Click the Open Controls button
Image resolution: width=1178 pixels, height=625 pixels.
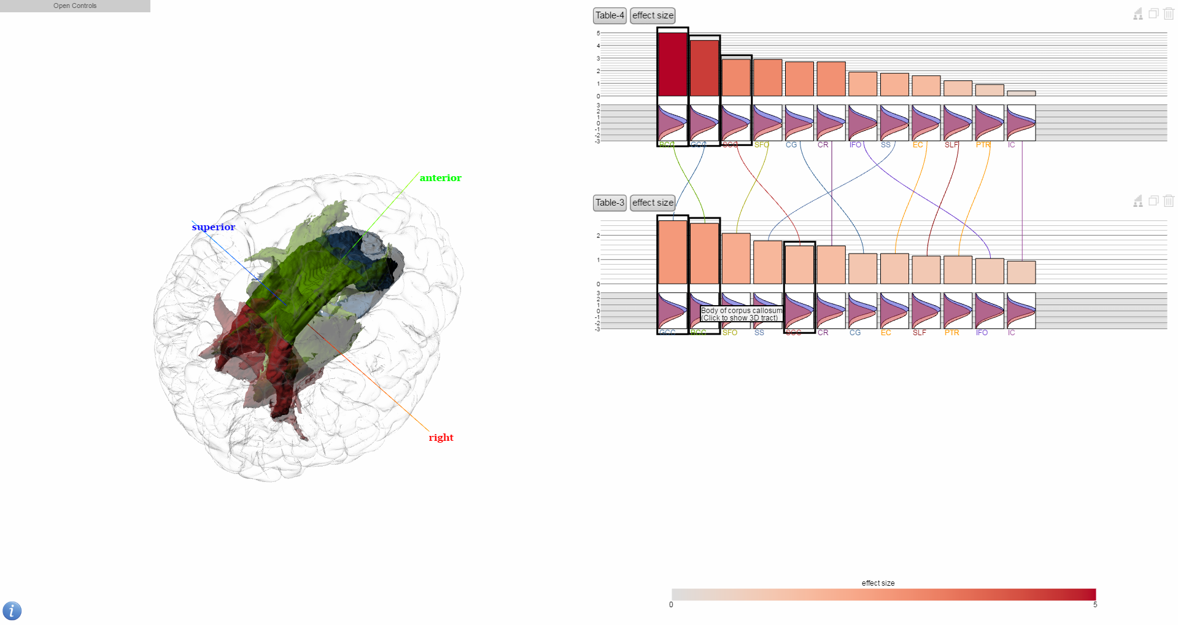(75, 6)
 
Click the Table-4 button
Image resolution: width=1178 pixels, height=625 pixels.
(610, 15)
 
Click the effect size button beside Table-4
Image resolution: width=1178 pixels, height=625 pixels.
(653, 15)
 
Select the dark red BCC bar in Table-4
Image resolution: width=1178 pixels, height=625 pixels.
(672, 64)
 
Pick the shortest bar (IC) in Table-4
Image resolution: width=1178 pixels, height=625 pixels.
(1021, 93)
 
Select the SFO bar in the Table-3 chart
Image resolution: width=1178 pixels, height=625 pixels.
(736, 258)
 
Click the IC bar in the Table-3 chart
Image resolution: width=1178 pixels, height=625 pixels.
(1021, 273)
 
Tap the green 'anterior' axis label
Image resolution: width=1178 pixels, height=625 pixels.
(440, 178)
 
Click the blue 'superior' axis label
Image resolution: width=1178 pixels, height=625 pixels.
(213, 227)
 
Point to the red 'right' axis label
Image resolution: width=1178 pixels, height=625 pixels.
(441, 438)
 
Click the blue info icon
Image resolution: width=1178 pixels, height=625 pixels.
(12, 611)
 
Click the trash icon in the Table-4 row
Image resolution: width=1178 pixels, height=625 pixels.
(1169, 14)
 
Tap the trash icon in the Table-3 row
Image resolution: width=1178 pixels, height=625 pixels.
(1169, 201)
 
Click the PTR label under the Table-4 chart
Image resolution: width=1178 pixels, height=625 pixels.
(983, 145)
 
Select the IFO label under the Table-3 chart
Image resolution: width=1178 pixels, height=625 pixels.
(982, 333)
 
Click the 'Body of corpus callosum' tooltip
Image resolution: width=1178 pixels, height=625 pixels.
(742, 314)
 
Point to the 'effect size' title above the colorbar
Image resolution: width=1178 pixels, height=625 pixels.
(878, 583)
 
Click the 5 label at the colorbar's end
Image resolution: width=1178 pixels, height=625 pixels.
(1095, 605)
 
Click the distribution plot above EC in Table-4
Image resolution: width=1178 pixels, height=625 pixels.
(926, 123)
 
